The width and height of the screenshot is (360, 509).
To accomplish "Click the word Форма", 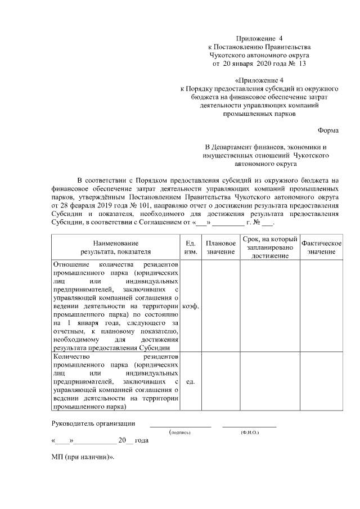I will tap(328, 130).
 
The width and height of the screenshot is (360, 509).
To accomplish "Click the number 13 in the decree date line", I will tap(302, 64).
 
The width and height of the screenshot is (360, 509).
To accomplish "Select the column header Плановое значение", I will tap(220, 247).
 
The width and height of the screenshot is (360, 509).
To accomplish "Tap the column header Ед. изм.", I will tap(191, 247).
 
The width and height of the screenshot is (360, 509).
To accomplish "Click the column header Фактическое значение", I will tap(321, 247).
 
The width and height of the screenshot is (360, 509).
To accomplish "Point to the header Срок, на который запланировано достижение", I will tap(269, 247).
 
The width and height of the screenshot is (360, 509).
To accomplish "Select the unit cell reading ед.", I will tap(191, 382).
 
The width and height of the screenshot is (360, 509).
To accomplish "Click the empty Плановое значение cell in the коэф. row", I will tap(220, 307).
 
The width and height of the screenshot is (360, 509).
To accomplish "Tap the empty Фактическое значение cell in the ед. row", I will tap(321, 382).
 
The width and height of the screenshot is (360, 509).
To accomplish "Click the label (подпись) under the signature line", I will tap(180, 433).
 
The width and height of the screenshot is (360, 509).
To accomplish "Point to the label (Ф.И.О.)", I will tap(249, 433).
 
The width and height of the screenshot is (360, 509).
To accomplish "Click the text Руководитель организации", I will tap(93, 424).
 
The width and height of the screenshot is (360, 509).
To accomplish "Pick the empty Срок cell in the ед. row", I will tap(269, 382).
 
